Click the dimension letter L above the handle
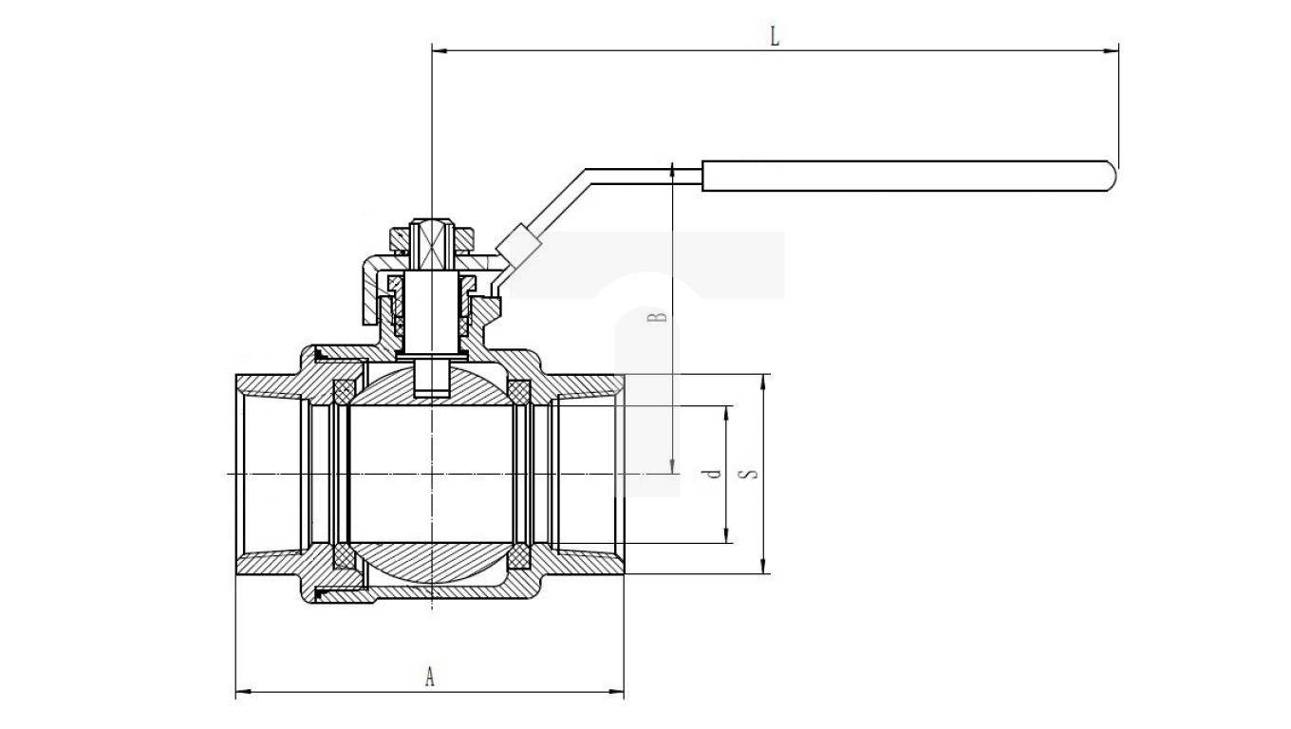tap(775, 37)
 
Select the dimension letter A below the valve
tap(430, 676)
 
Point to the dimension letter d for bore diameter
tap(715, 474)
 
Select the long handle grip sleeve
tap(907, 178)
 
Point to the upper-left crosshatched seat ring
tap(344, 391)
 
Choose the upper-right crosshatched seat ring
tap(519, 391)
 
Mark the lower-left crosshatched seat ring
tap(344, 557)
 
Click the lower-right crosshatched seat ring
tap(519, 557)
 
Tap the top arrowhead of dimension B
tap(672, 168)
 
